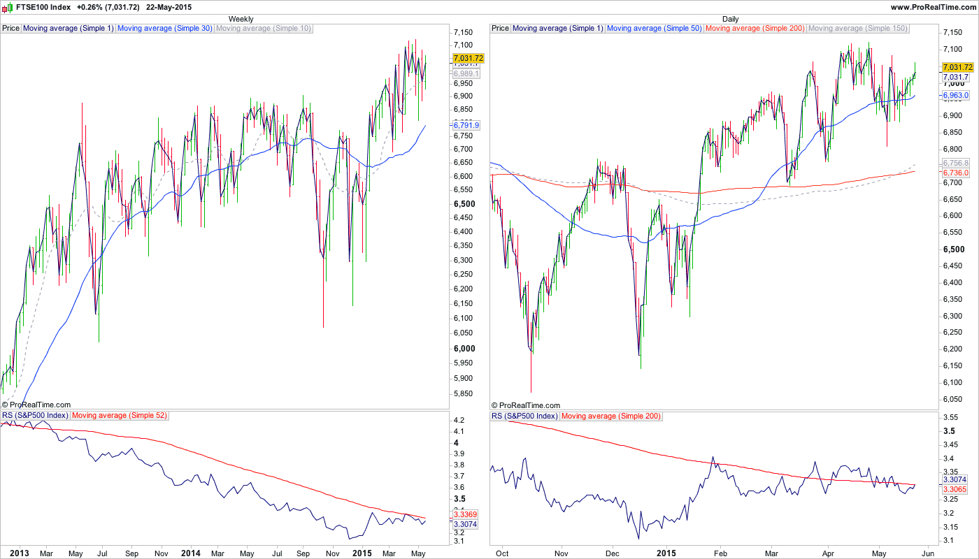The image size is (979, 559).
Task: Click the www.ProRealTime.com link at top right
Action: (933, 7)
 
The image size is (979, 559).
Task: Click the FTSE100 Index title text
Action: (43, 7)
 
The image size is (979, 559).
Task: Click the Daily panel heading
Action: (730, 19)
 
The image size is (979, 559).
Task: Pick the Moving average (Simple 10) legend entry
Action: (263, 29)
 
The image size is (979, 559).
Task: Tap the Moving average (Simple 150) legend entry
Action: (857, 29)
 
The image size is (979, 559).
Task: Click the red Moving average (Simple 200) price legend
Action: (755, 29)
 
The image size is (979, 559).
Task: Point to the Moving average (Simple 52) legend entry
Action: (120, 416)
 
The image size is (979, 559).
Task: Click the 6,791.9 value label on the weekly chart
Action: (466, 125)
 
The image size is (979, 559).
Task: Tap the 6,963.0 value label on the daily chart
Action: (955, 95)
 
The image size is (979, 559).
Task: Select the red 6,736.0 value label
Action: (955, 173)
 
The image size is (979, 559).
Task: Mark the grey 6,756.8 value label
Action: (955, 163)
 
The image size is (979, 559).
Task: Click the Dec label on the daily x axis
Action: (612, 553)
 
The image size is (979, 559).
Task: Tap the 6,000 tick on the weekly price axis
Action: (464, 349)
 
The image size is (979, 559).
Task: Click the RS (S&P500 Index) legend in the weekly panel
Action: (35, 416)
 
